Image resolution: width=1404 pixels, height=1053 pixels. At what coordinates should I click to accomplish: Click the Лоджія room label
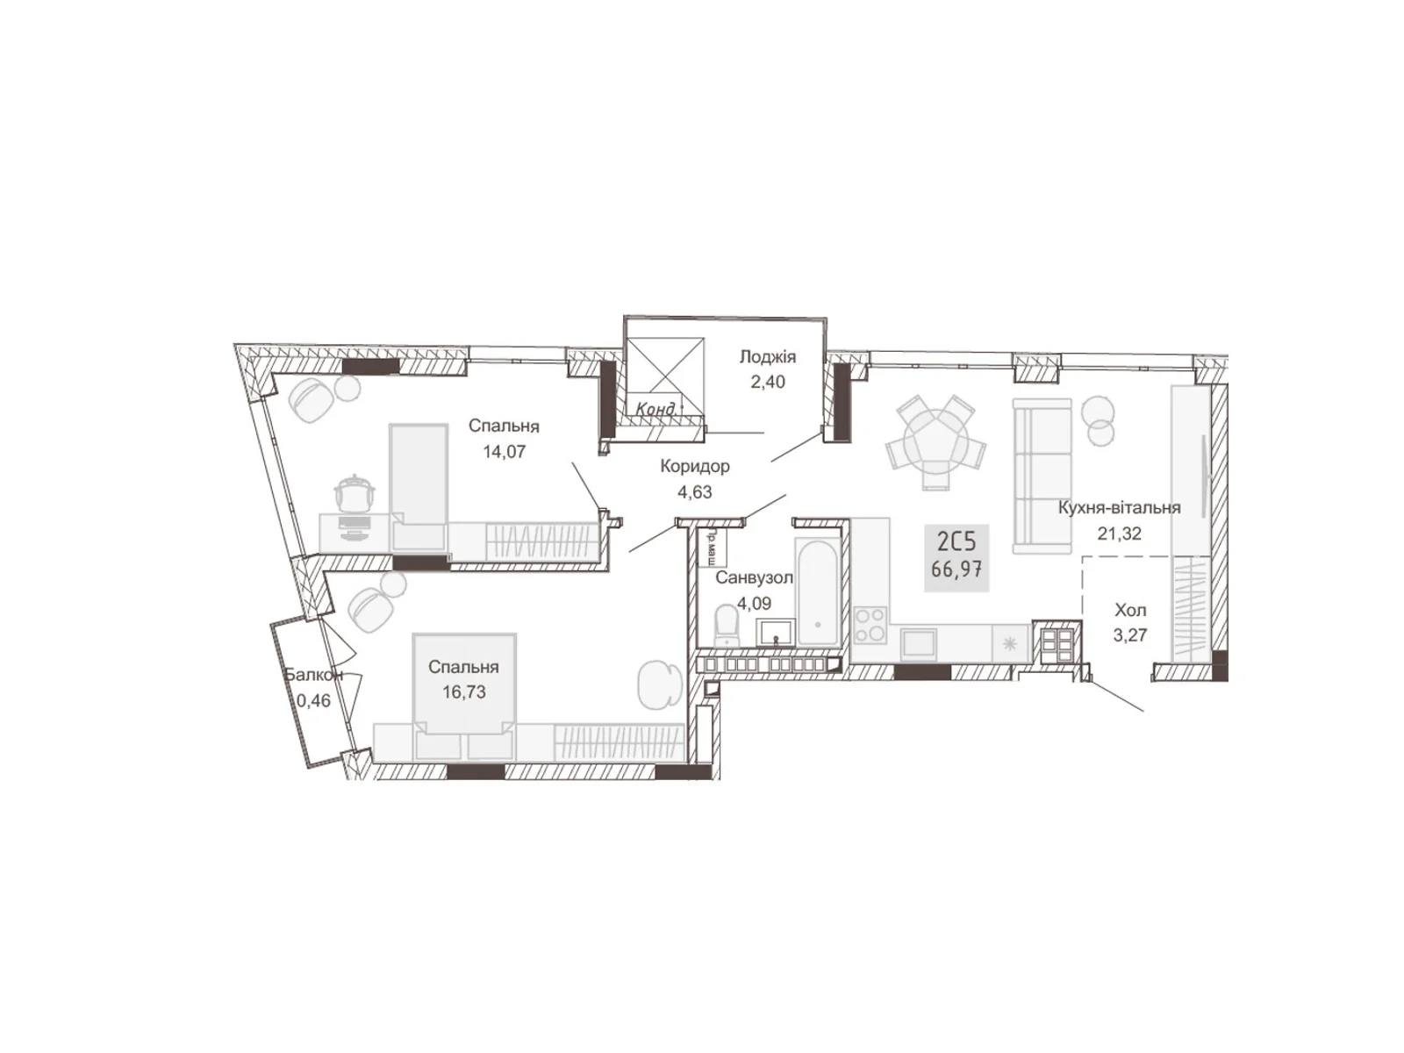[767, 357]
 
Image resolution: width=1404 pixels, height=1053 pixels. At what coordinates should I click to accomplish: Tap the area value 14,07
[504, 452]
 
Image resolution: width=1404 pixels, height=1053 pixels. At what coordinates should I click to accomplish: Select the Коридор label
[695, 467]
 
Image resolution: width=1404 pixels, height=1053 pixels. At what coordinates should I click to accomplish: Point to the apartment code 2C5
[956, 540]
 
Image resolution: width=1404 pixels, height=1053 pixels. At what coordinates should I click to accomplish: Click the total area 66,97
[956, 569]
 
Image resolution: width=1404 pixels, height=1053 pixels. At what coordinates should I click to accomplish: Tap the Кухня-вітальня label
[1119, 507]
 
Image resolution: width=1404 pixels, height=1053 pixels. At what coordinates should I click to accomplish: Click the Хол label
[1130, 610]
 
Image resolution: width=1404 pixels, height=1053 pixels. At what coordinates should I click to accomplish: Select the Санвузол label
[754, 578]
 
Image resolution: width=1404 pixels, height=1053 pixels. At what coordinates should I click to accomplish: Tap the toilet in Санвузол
[727, 626]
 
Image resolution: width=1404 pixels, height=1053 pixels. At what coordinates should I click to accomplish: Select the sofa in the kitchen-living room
[1042, 476]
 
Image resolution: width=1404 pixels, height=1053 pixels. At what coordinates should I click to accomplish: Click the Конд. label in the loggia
[657, 409]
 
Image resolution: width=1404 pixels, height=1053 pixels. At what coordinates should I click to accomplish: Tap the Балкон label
[313, 675]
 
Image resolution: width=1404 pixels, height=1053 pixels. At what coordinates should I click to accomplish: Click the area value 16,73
[463, 692]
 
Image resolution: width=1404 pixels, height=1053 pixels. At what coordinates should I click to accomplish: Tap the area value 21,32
[1119, 533]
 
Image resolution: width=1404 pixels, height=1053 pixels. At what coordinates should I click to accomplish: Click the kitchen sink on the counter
[920, 642]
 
